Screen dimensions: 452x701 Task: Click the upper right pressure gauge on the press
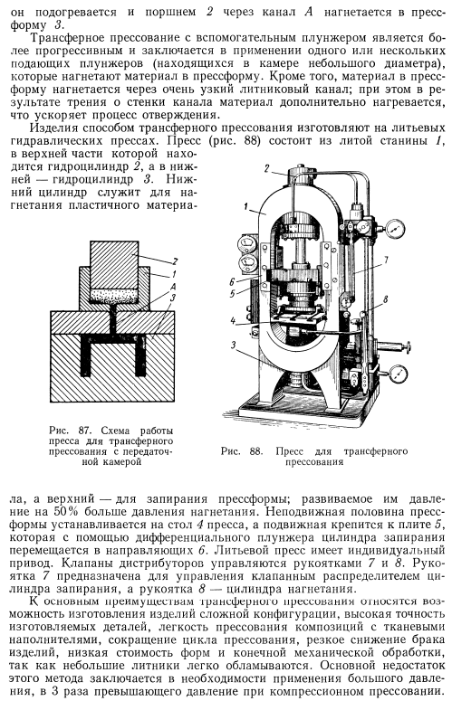tap(394, 230)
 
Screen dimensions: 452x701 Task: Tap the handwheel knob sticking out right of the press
tap(408, 346)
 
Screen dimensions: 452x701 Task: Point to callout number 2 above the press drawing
tap(266, 168)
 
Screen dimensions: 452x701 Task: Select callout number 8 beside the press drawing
tap(385, 299)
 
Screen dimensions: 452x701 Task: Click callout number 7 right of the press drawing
tap(385, 261)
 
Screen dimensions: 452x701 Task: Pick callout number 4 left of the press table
tap(233, 320)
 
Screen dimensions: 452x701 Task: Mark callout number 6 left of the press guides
tap(231, 282)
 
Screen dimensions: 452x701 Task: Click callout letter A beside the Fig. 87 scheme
tap(173, 286)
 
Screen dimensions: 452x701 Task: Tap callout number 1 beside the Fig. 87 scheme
tap(174, 274)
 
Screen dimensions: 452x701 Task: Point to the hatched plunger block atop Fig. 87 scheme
tap(113, 265)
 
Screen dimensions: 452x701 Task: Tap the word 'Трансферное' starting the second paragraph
tap(66, 38)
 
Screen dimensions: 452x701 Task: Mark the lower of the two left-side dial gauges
tap(246, 264)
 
